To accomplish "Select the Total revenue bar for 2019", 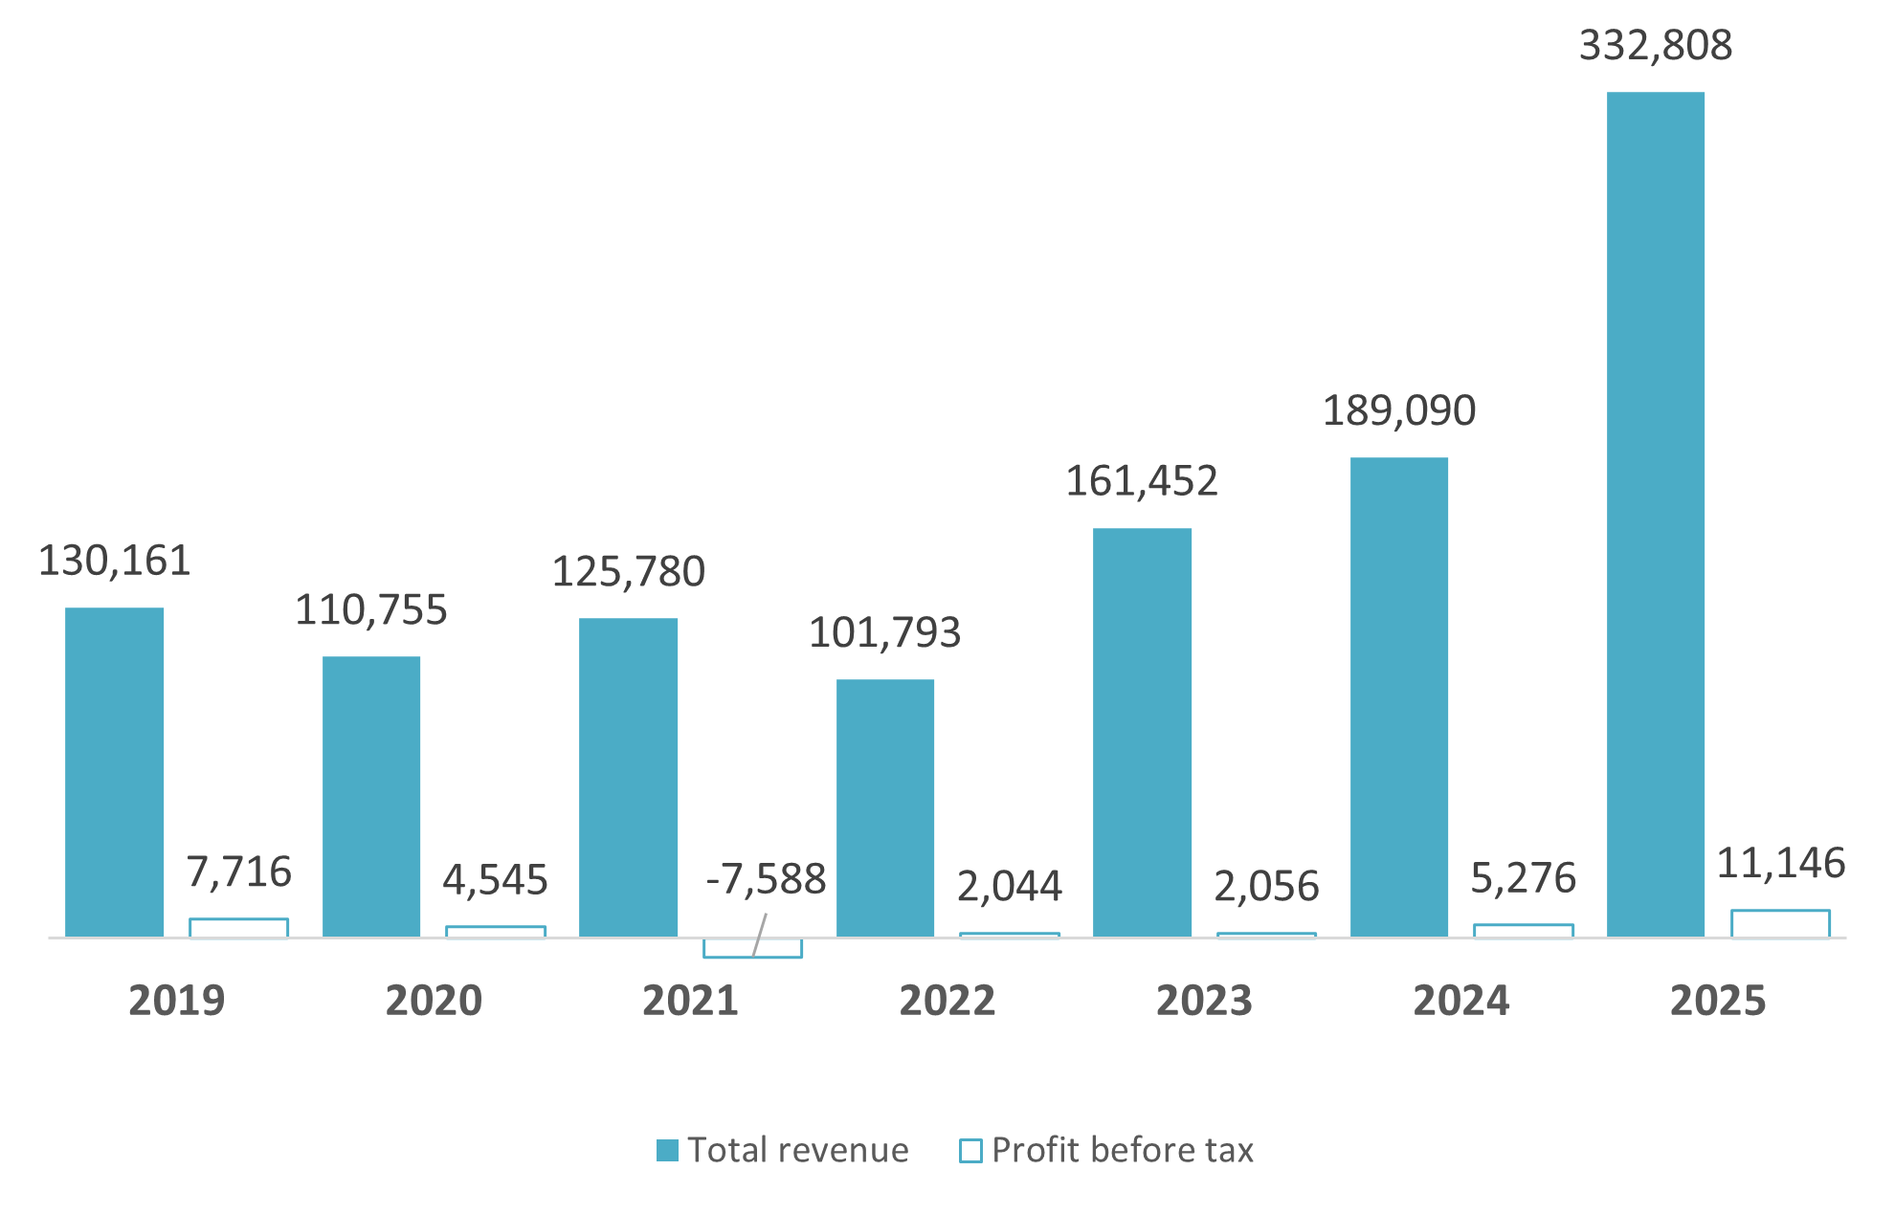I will pyautogui.click(x=114, y=772).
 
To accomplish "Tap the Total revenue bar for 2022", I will pyautogui.click(x=884, y=808).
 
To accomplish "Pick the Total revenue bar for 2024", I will pyautogui.click(x=1398, y=697).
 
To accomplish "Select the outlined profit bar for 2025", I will pyautogui.click(x=1780, y=924).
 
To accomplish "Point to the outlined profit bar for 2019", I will pyautogui.click(x=238, y=928).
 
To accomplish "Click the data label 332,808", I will pyautogui.click(x=1655, y=46).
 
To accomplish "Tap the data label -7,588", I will pyautogui.click(x=766, y=879).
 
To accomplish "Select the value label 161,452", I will pyautogui.click(x=1141, y=481).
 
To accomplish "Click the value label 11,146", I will pyautogui.click(x=1780, y=864).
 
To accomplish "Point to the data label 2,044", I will pyautogui.click(x=1010, y=887).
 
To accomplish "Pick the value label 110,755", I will pyautogui.click(x=370, y=610).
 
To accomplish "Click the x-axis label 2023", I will pyautogui.click(x=1204, y=1002).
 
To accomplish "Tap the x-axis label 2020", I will pyautogui.click(x=434, y=1002).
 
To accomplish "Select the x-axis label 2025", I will pyautogui.click(x=1718, y=1002).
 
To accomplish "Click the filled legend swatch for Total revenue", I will pyautogui.click(x=667, y=1151).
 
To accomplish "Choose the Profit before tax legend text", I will pyautogui.click(x=1122, y=1151).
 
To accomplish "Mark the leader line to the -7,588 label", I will pyautogui.click(x=760, y=935).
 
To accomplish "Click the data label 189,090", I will pyautogui.click(x=1398, y=411).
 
